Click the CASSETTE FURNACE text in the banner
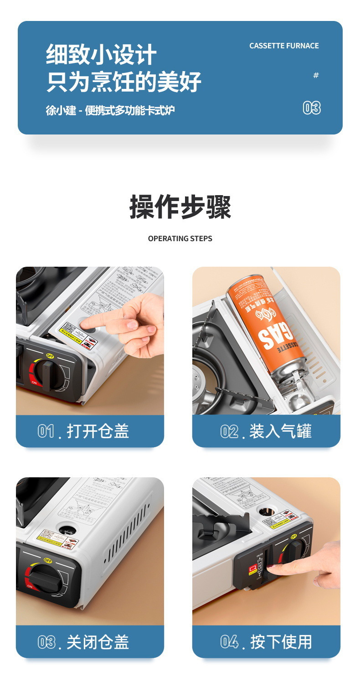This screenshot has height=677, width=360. coord(284,46)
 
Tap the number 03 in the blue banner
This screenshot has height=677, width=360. coord(312,108)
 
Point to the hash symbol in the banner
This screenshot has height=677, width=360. coord(316,75)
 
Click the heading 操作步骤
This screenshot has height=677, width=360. coord(180,207)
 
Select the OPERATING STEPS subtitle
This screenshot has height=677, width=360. coord(180,238)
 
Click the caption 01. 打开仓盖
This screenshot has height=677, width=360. coord(83,431)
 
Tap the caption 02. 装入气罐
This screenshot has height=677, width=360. coord(266,431)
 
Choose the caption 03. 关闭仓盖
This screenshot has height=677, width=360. coord(83,642)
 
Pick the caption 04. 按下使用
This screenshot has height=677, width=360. coord(266,642)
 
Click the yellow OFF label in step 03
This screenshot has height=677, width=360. coord(48,560)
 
